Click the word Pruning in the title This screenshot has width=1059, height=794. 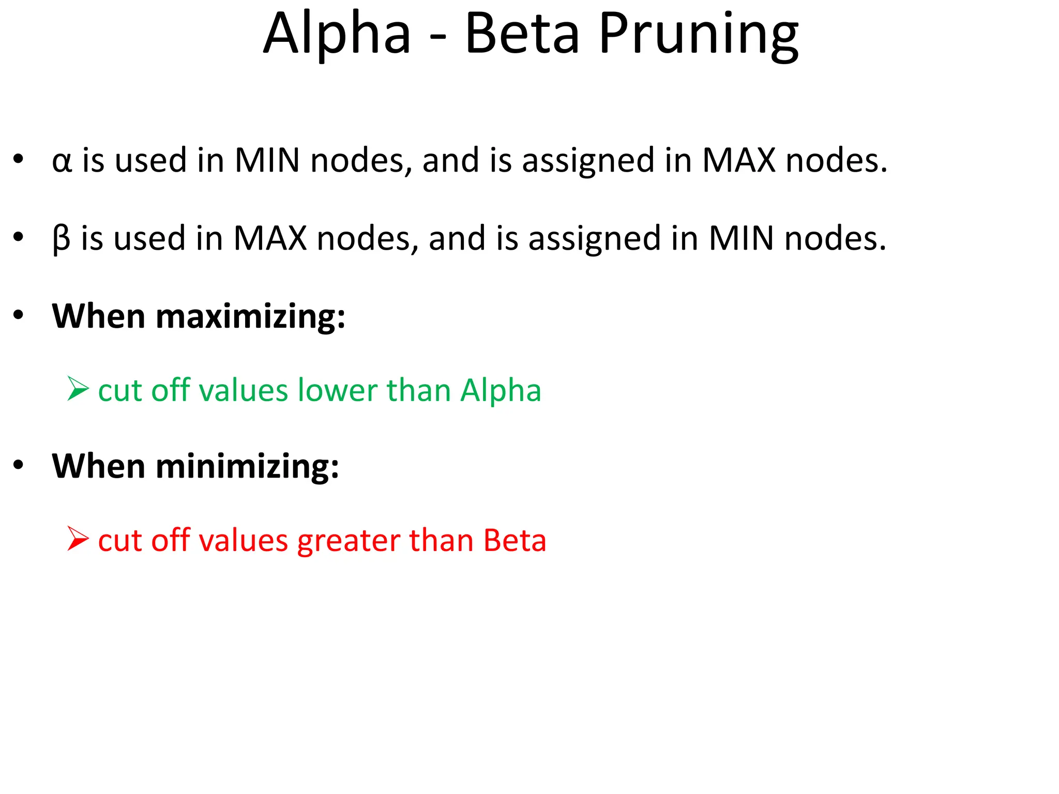click(x=699, y=35)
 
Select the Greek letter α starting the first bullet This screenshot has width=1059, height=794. click(x=62, y=161)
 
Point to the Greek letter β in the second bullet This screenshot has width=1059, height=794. click(x=61, y=239)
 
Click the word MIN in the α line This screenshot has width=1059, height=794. click(x=267, y=160)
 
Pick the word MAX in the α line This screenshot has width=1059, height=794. click(x=738, y=160)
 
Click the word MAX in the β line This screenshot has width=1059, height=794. click(x=270, y=238)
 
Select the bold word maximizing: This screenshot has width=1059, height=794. click(x=250, y=316)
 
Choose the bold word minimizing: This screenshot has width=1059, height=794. click(x=247, y=466)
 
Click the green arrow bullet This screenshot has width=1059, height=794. click(x=78, y=389)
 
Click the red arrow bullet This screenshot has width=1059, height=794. click(x=78, y=539)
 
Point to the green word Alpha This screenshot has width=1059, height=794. click(x=501, y=390)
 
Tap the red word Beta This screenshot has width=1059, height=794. click(x=515, y=541)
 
